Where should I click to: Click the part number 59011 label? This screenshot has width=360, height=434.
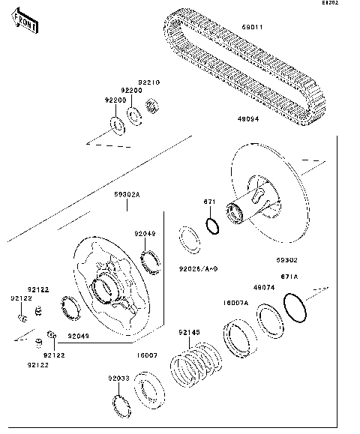(x=253, y=28)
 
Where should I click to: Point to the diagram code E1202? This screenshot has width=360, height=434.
(x=349, y=4)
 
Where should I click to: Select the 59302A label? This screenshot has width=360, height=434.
(x=127, y=195)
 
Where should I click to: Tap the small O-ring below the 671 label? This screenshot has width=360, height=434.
(x=212, y=226)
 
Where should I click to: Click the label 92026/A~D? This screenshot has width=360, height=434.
(x=199, y=268)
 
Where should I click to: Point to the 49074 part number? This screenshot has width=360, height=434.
(x=264, y=287)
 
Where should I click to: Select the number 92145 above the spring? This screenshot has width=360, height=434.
(x=188, y=332)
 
